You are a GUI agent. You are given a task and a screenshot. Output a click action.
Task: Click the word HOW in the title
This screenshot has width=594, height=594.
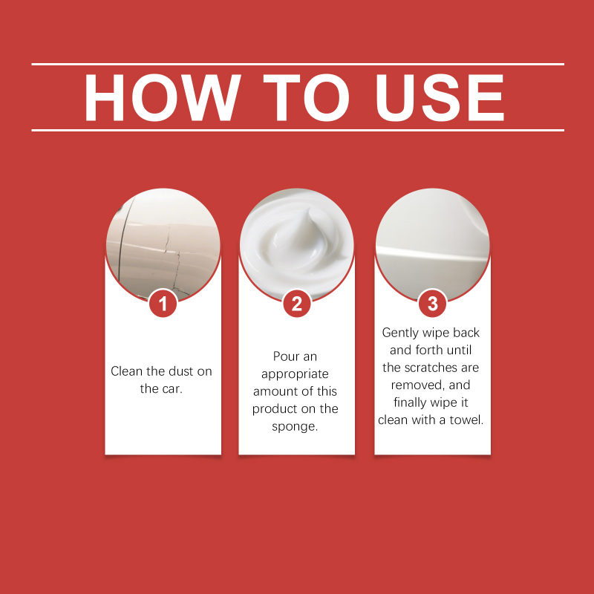163,98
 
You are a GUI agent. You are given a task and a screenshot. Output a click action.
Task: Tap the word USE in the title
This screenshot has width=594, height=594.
440,98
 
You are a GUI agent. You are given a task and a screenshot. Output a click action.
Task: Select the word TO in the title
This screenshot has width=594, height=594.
306,98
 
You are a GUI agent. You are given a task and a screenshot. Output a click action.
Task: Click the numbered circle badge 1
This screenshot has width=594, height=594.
163,304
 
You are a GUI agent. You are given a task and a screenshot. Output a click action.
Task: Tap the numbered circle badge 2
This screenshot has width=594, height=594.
296,304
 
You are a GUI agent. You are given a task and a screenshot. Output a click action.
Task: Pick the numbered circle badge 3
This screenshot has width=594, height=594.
432,304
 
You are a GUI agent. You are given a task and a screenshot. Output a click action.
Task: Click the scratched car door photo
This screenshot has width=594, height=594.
163,245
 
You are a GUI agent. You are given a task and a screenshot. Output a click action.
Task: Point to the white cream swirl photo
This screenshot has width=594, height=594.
296,245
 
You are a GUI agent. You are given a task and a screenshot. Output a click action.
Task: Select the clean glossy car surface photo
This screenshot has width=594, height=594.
432,245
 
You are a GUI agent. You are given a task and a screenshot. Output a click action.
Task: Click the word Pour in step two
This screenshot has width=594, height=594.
284,356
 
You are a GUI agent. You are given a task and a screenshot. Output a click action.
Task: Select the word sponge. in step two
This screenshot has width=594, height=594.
295,426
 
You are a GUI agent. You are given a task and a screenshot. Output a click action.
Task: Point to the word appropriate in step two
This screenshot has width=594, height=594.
295,374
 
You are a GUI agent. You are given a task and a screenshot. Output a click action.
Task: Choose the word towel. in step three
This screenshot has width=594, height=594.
466,420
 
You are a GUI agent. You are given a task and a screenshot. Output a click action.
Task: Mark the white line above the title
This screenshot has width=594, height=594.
298,65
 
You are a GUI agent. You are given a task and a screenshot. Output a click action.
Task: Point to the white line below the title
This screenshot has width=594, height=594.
298,131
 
